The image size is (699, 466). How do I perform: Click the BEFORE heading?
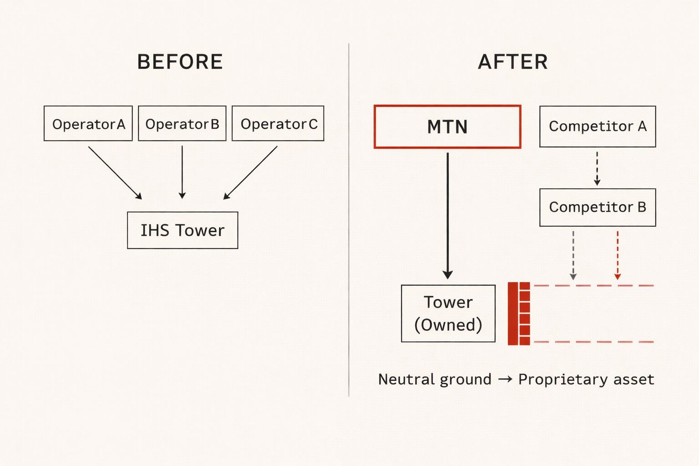[180, 62]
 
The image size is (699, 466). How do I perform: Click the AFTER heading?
[513, 62]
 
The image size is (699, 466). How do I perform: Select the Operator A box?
[88, 124]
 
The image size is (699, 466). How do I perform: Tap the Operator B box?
[182, 124]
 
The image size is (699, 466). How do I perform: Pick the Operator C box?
[278, 124]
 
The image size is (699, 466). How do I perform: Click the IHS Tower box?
[182, 230]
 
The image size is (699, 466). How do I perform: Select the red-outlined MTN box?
[447, 127]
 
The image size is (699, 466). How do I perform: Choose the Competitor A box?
[598, 127]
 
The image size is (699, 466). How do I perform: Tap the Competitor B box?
[598, 207]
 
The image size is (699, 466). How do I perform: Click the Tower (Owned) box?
[448, 314]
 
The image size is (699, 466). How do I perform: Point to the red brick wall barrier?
[519, 314]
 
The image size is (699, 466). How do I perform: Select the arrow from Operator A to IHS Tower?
[115, 172]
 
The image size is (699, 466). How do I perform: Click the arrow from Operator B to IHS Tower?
[182, 172]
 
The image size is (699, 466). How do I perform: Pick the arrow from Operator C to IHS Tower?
[251, 172]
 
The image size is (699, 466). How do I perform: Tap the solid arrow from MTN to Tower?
[448, 214]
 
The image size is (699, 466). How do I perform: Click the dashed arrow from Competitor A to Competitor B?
[597, 168]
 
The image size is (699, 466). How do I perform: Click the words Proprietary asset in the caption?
[586, 380]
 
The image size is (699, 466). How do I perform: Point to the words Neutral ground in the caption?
[435, 380]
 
